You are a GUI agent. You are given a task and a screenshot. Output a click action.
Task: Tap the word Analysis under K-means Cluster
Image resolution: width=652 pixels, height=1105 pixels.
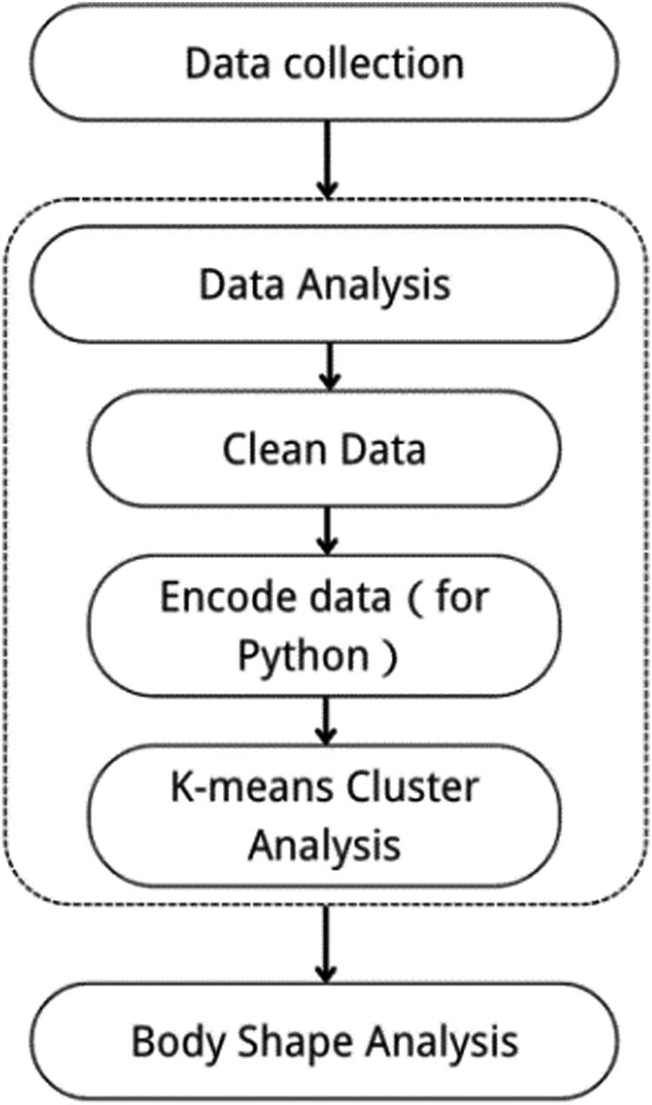[x=324, y=842]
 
